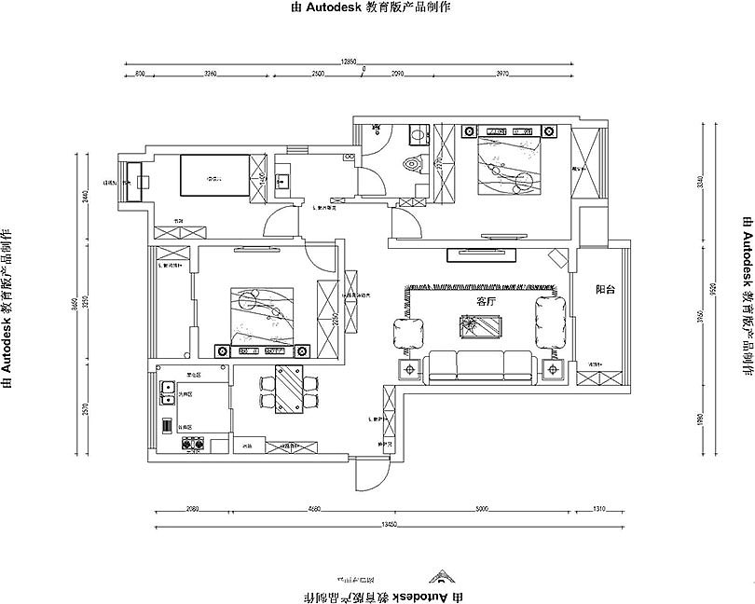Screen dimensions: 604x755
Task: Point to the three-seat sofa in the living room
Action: click(x=480, y=366)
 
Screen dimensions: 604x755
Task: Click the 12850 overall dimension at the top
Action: click(x=350, y=61)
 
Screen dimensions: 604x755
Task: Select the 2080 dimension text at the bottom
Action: click(x=192, y=509)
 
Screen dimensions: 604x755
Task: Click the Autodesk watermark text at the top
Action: click(x=371, y=7)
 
